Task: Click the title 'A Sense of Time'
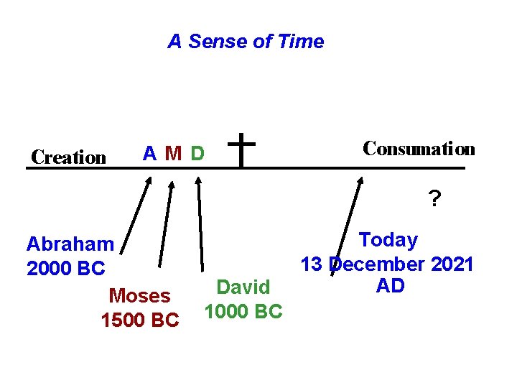tap(246, 42)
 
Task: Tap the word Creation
tap(69, 157)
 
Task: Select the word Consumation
tap(419, 149)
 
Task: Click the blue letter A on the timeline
tap(150, 153)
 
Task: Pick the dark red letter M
tap(172, 154)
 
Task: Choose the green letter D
tap(197, 154)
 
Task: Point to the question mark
tap(434, 198)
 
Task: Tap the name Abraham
tap(70, 245)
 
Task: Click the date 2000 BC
tap(65, 269)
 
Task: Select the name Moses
tap(139, 296)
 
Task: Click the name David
tap(243, 287)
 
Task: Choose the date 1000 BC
tap(243, 312)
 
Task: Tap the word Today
tap(388, 240)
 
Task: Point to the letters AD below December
tap(391, 285)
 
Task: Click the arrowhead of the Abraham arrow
tap(149, 180)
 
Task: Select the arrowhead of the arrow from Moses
tap(171, 185)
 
